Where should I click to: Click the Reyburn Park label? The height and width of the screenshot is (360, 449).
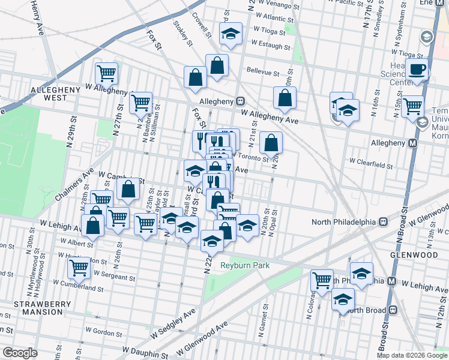pos(244,265)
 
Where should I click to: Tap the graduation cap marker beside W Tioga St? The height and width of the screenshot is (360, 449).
pos(230,35)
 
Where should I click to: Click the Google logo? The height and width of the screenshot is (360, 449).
pos(20,353)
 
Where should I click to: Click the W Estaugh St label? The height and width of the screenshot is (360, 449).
pos(271,44)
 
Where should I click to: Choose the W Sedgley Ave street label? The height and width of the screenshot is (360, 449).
pos(174,323)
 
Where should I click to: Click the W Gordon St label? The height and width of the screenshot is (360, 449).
pos(105,330)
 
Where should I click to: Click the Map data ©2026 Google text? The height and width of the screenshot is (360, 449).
pos(411,355)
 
